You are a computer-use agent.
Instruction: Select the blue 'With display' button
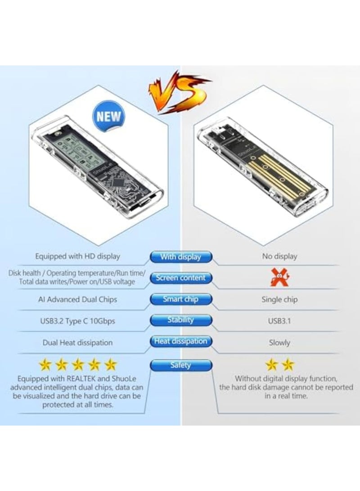180,257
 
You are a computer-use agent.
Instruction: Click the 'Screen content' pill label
180,278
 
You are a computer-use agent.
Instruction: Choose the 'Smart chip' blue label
180,299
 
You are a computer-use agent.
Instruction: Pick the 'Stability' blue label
180,320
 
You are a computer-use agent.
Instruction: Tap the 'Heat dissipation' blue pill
180,342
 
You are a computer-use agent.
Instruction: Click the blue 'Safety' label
180,365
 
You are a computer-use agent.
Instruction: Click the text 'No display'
279,257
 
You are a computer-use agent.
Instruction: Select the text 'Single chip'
279,299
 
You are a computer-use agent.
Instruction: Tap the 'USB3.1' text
279,321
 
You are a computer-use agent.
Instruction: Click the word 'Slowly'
279,342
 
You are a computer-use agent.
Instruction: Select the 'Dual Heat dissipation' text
78,342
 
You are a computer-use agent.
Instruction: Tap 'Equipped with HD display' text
78,257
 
